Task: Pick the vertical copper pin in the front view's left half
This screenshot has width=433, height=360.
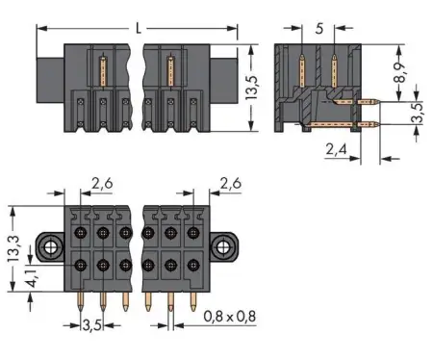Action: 103,72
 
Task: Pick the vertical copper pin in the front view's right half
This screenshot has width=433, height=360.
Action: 170,72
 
